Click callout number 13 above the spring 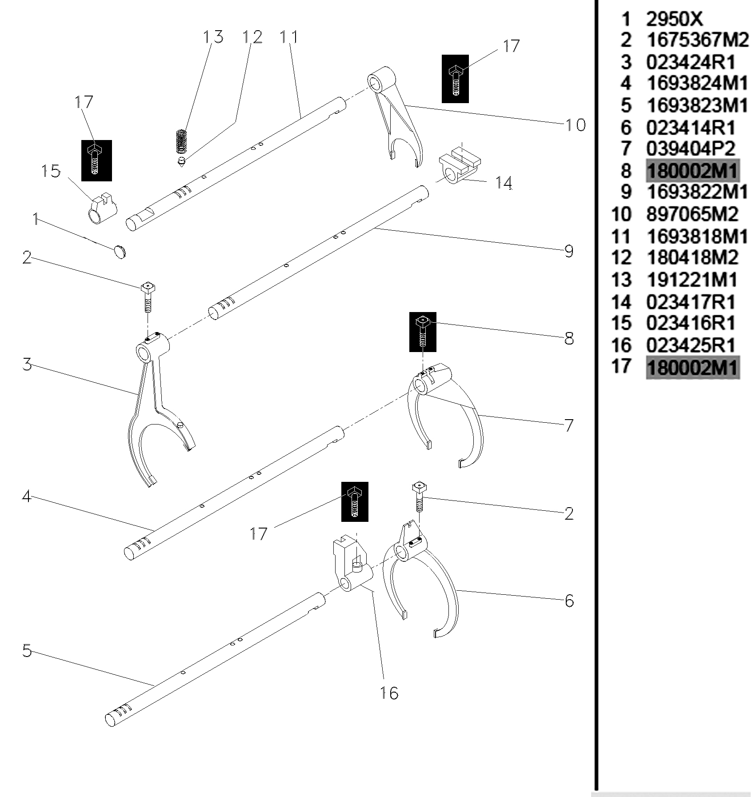click(x=213, y=36)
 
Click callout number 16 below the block click(x=389, y=693)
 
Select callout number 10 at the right click(x=576, y=124)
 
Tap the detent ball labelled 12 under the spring click(x=181, y=161)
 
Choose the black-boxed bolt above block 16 click(x=355, y=501)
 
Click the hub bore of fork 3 click(x=144, y=354)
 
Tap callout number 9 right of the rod click(x=569, y=251)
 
